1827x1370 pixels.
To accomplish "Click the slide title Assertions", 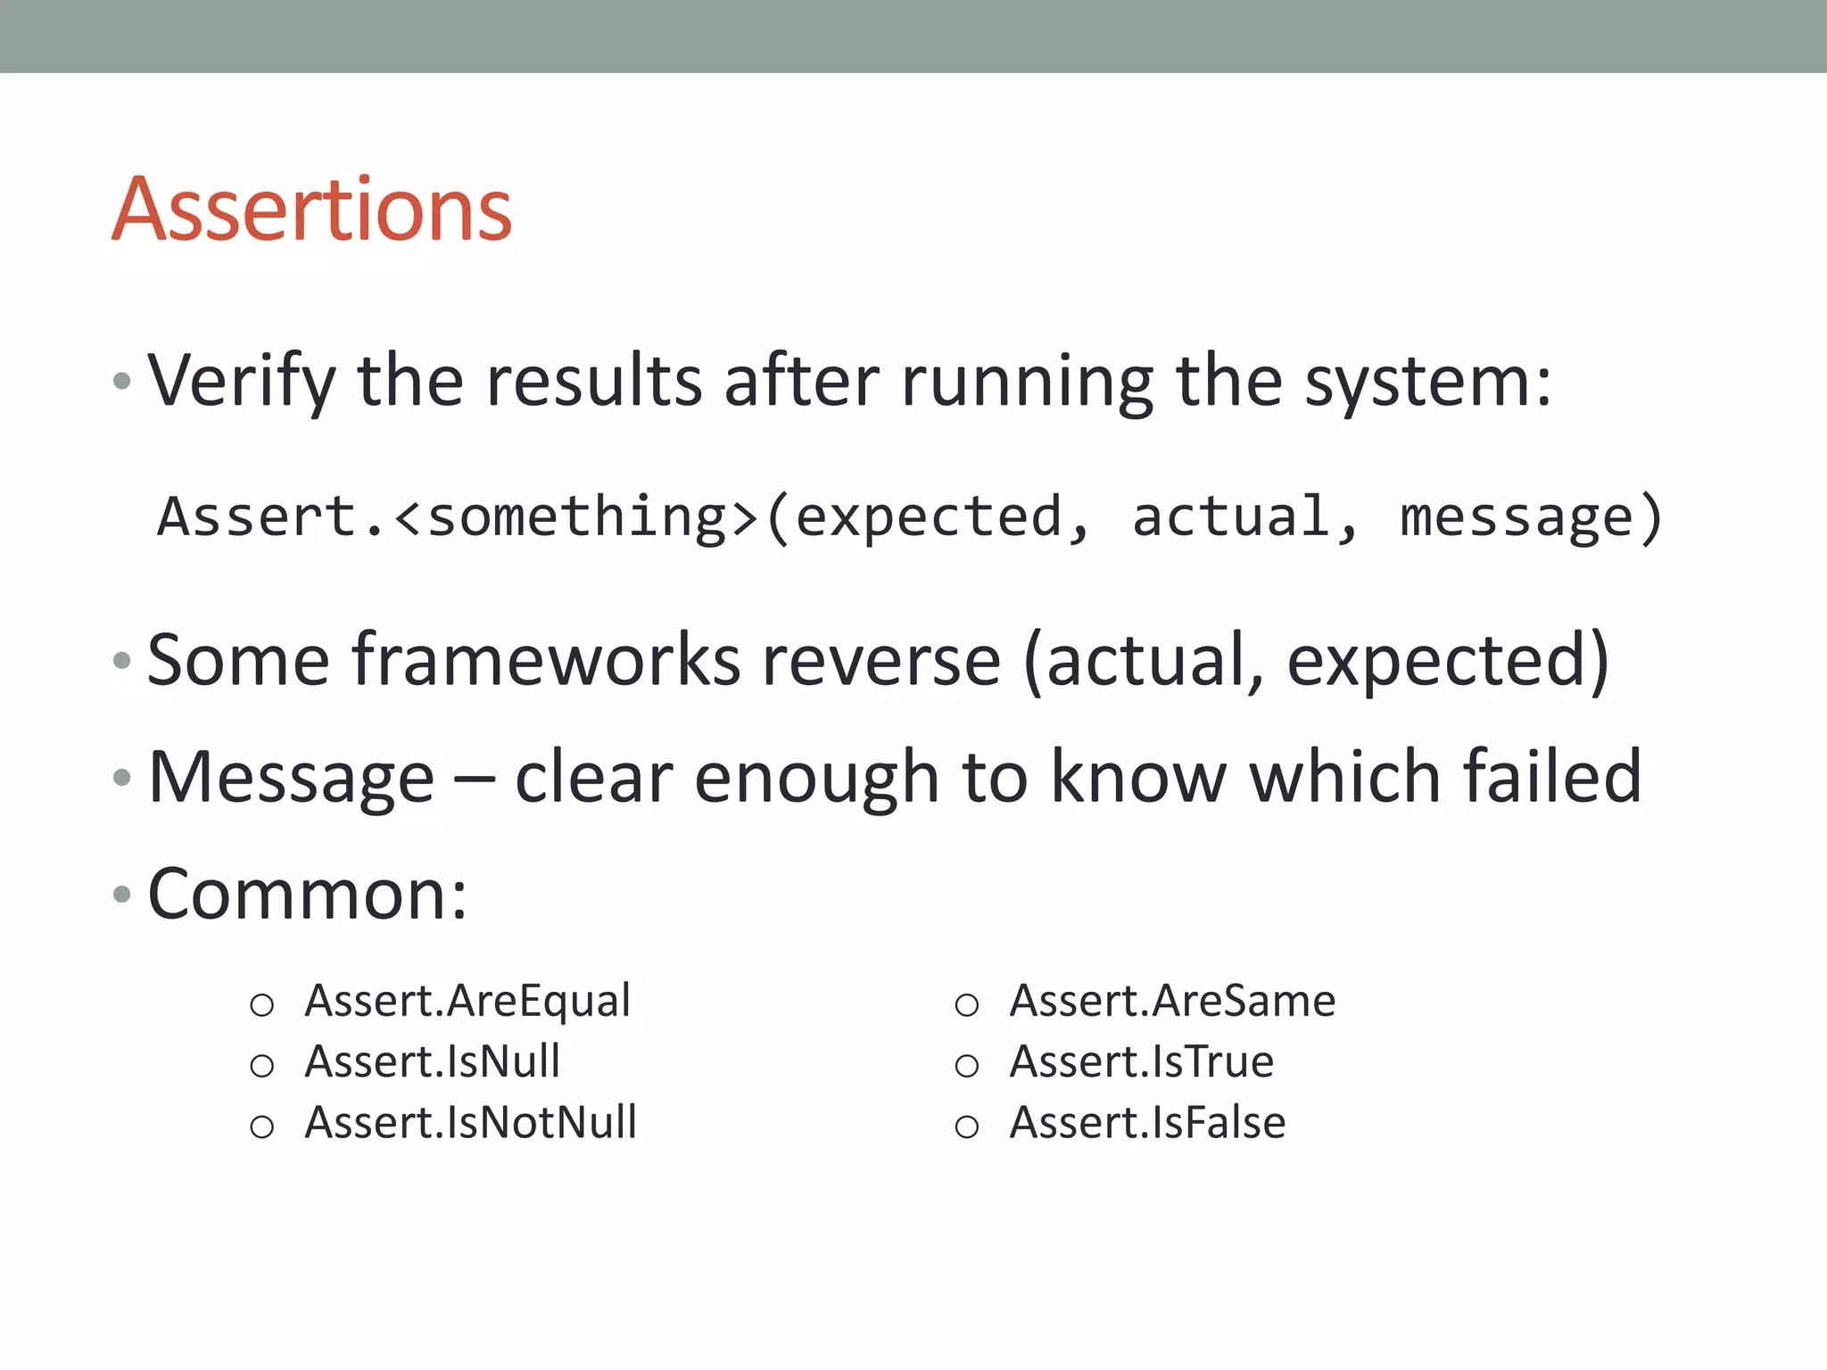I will [311, 210].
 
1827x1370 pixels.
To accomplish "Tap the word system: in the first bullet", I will [1427, 382].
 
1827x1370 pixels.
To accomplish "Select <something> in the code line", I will [575, 517].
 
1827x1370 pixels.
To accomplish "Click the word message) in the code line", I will [1531, 517].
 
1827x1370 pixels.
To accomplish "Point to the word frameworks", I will [546, 660].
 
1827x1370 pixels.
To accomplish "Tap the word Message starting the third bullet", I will [291, 778].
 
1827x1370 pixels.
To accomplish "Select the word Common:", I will [307, 895].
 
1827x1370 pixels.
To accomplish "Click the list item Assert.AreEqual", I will [467, 1001].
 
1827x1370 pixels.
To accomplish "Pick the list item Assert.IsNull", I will [432, 1061].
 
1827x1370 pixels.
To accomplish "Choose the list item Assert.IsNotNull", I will [470, 1122].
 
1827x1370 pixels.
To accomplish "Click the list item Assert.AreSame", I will [1172, 1001].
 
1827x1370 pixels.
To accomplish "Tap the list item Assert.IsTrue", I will [1141, 1061].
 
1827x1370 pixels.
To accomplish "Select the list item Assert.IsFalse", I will [1147, 1122].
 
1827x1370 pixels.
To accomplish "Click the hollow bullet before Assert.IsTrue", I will [967, 1066].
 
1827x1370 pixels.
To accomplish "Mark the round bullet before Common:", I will [122, 894].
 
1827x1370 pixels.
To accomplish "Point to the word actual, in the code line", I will [1244, 517].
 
